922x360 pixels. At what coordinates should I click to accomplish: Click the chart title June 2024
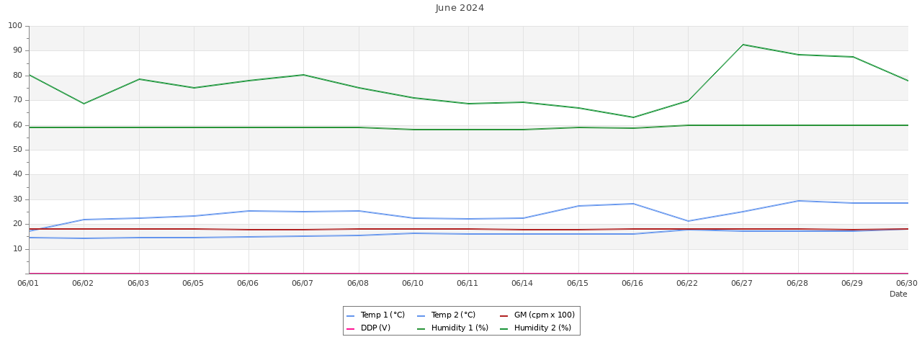[x=460, y=8]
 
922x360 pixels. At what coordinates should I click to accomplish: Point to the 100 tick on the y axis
[x=15, y=26]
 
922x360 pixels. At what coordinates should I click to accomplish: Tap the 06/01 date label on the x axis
[x=29, y=284]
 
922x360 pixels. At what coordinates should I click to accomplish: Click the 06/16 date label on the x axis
[x=632, y=284]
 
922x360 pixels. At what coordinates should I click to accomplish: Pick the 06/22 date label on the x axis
[x=687, y=284]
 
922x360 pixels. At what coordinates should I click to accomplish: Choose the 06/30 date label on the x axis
[x=906, y=284]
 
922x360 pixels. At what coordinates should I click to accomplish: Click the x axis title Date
[x=898, y=294]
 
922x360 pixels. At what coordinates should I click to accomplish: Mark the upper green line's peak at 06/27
[x=743, y=45]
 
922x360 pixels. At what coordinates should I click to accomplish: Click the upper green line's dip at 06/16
[x=633, y=117]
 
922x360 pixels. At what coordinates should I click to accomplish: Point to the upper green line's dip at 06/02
[x=84, y=104]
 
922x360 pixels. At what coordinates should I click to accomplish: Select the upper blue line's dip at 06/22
[x=688, y=221]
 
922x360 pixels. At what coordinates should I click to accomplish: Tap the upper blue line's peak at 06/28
[x=798, y=201]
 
